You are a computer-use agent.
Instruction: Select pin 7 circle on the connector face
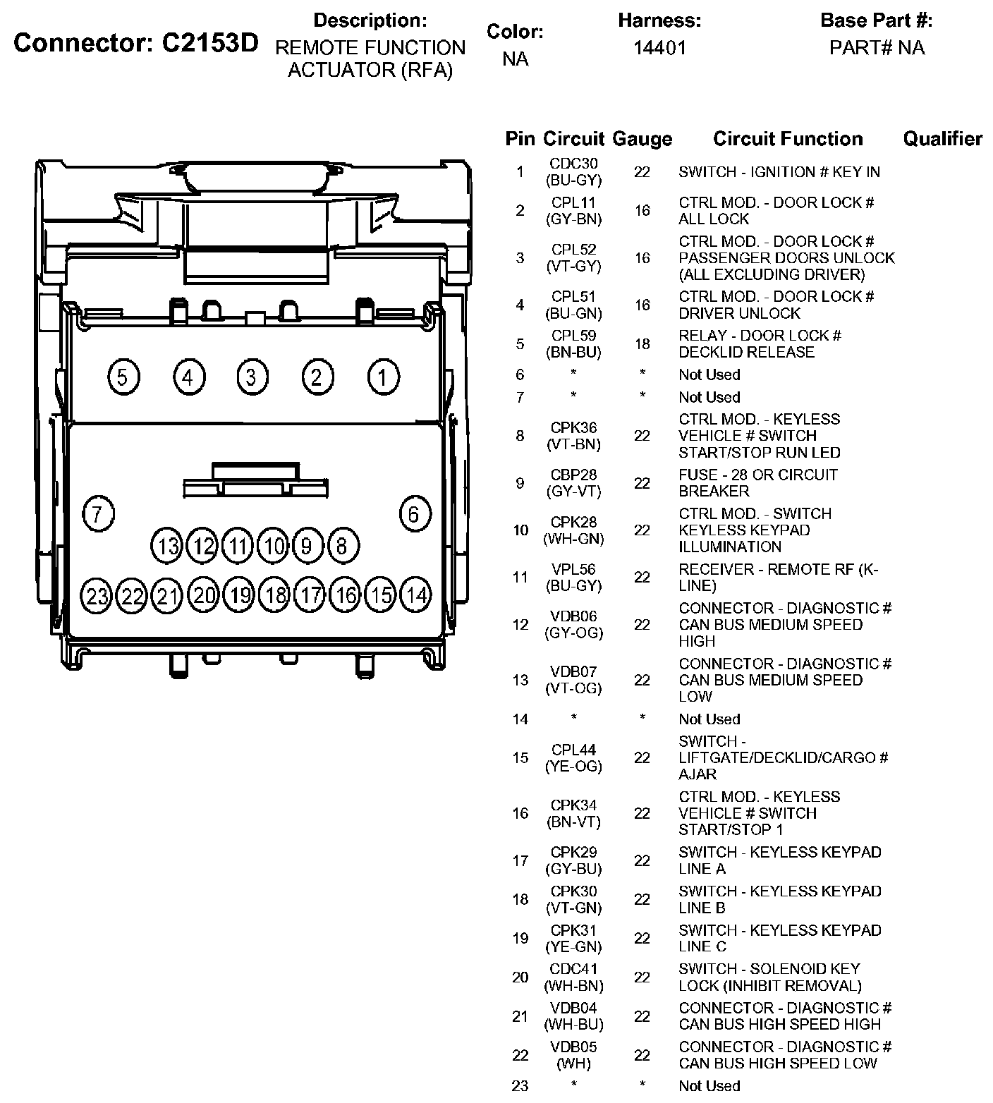pos(98,513)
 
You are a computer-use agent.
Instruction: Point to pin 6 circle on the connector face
pos(414,513)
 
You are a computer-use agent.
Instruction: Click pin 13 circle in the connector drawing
pos(167,546)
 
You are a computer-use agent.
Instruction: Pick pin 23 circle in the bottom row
pos(97,597)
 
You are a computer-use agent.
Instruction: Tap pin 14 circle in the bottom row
pos(416,597)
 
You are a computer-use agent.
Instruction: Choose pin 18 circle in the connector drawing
pos(275,597)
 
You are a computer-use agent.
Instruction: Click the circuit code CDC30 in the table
pos(573,164)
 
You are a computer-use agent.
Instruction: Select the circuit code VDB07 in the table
pos(573,671)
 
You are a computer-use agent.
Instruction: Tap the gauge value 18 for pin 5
pos(642,344)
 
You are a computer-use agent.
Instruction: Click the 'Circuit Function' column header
pos(788,139)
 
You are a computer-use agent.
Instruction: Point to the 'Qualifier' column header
pos(942,139)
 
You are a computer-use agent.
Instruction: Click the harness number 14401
pos(659,48)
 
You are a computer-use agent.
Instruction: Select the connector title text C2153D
pos(210,44)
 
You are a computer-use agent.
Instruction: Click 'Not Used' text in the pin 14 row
pos(709,719)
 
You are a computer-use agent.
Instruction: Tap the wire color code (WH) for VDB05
pos(573,1064)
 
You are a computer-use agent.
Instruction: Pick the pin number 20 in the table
pos(520,977)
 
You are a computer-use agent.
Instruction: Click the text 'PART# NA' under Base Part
pos(877,48)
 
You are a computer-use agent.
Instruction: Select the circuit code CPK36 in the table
pos(573,427)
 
